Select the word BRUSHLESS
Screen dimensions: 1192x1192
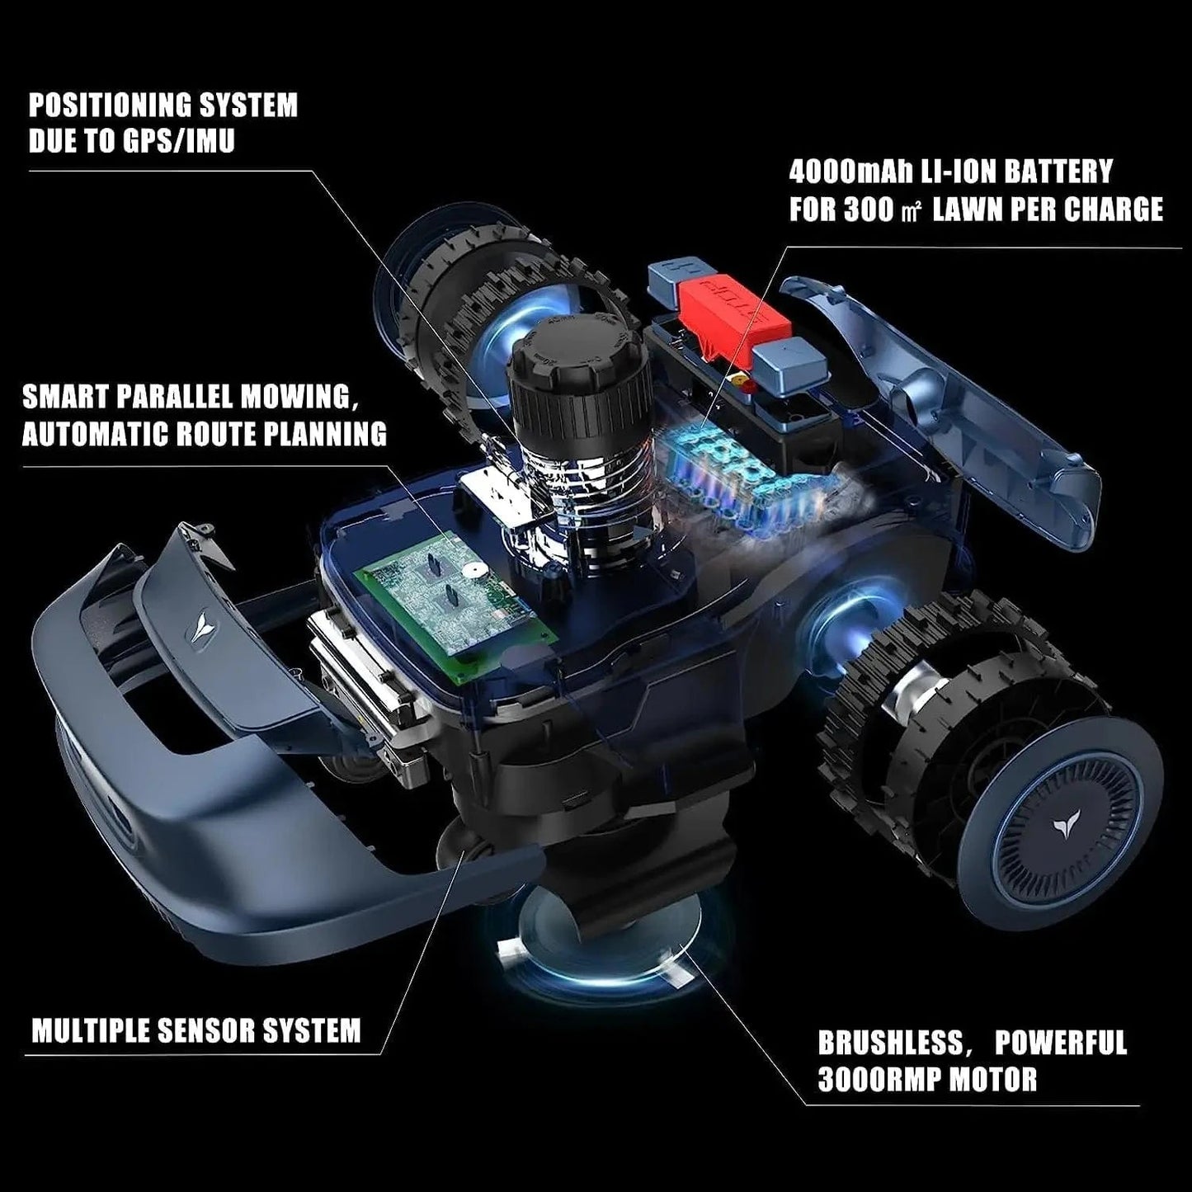tap(889, 1043)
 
